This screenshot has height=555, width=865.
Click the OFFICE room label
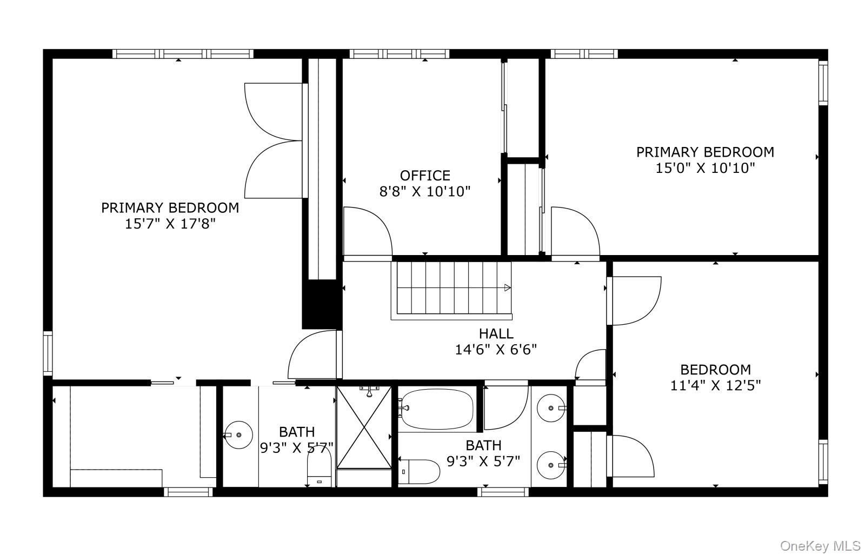click(425, 176)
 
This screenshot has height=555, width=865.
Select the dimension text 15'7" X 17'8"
click(170, 224)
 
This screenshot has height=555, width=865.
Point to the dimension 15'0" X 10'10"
click(705, 168)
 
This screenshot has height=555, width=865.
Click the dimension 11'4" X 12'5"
click(715, 385)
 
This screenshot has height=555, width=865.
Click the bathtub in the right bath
click(437, 409)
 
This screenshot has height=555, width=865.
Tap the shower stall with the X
click(364, 427)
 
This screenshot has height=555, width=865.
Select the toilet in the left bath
click(320, 466)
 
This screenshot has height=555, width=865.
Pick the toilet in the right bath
click(418, 472)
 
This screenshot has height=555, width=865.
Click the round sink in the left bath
click(238, 435)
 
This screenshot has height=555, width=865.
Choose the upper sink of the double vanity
click(551, 408)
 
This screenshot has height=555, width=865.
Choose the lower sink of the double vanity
click(551, 465)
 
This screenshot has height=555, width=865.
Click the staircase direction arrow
click(508, 287)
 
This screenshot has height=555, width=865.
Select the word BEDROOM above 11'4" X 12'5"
click(716, 370)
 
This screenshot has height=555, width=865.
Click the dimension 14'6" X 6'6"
click(496, 350)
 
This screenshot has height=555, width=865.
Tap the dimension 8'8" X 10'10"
click(425, 191)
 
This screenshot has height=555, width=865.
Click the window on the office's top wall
click(400, 54)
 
